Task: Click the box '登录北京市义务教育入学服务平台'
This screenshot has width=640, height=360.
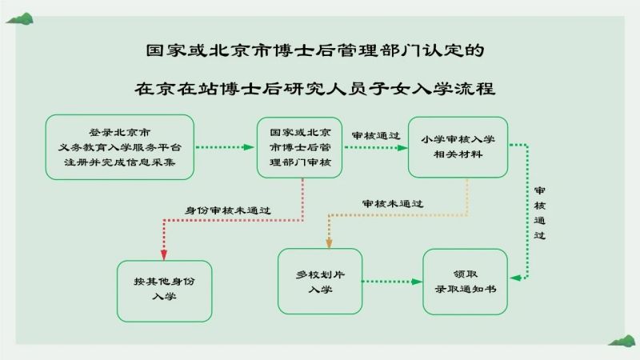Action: point(119,147)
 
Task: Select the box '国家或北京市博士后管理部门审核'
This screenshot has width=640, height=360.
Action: point(299,147)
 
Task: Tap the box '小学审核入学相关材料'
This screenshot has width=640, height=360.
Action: point(458,147)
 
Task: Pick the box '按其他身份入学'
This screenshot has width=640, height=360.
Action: point(165,291)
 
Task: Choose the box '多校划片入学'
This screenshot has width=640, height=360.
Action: point(320,282)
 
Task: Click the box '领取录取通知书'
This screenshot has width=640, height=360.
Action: point(466,282)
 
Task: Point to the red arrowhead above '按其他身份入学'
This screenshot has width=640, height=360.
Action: point(164,254)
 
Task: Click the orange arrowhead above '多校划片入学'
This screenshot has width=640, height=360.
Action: point(329,243)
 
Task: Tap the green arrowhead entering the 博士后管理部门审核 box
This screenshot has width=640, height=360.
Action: point(249,147)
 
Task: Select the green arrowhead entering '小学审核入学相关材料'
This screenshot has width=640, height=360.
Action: point(402,148)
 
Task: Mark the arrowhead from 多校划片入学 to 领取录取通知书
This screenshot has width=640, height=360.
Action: point(417,282)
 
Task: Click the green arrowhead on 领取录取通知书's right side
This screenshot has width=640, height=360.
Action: point(515,278)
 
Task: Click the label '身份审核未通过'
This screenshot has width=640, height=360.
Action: point(228,210)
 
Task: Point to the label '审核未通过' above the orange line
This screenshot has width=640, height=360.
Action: point(393,203)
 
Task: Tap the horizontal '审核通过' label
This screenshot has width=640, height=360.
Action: point(376,135)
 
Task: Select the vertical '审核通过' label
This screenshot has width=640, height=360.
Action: point(539,213)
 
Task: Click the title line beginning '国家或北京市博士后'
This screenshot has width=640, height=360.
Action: point(315,50)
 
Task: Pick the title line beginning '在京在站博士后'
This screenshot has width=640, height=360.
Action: point(315,89)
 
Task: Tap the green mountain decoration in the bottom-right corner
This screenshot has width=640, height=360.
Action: point(622,342)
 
